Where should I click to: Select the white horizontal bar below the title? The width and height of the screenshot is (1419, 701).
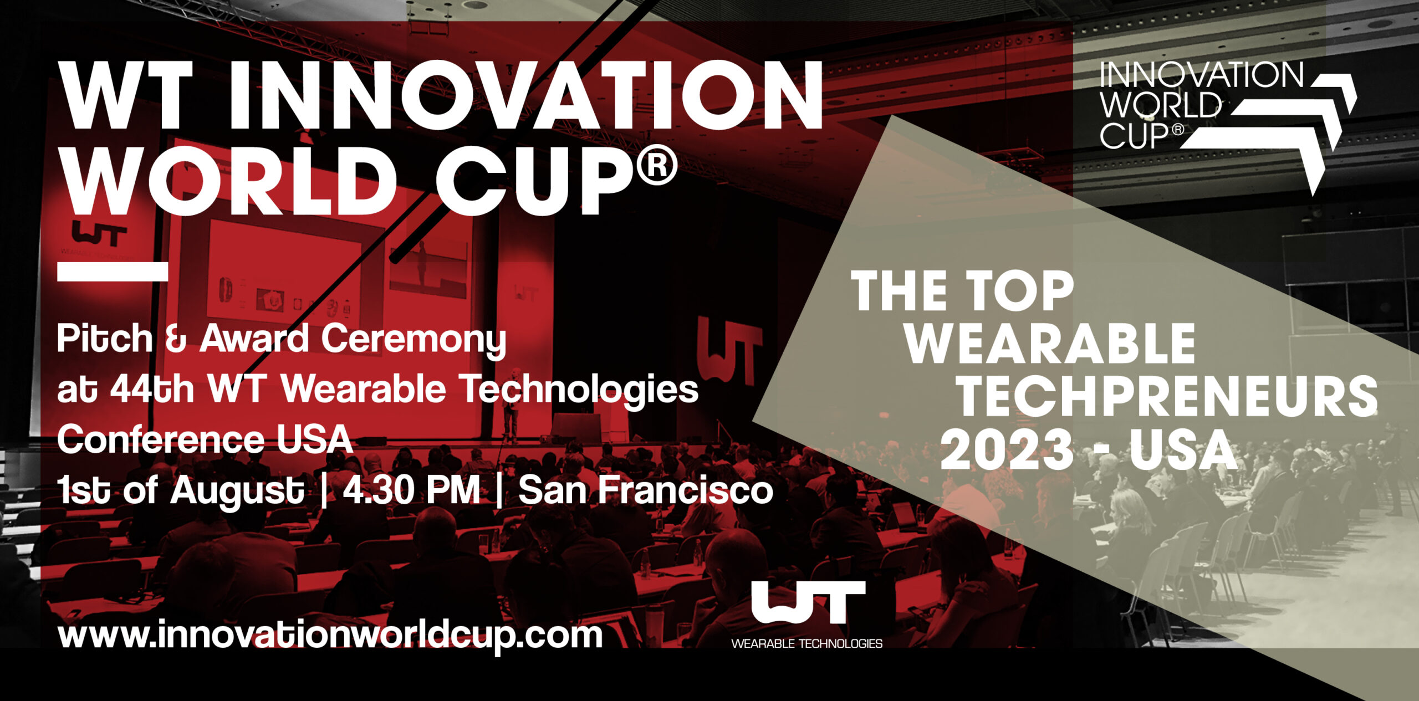[x=113, y=272]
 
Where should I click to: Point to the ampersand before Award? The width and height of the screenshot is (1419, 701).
[x=176, y=339]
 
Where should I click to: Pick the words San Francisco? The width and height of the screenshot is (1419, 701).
[x=646, y=490]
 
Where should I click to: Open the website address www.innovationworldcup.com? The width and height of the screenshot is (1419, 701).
[x=330, y=636]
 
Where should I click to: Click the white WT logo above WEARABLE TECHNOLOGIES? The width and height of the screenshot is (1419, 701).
[x=808, y=602]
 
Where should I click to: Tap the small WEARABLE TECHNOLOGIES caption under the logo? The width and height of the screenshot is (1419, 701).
[x=807, y=644]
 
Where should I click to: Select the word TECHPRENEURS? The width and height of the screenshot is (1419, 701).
[x=1168, y=397]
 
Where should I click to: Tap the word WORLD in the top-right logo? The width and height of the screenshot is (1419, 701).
[x=1161, y=105]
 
